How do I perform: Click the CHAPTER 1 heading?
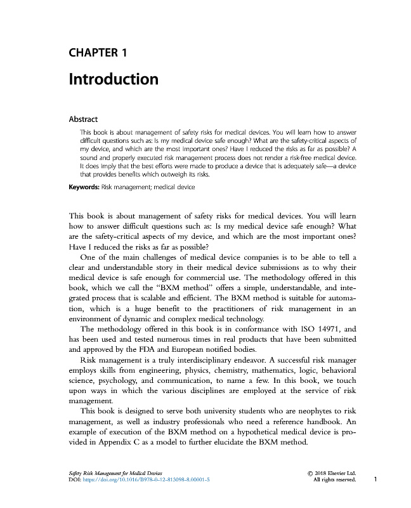tap(98, 53)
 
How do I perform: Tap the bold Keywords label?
tap(84, 187)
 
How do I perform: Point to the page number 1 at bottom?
tap(376, 480)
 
